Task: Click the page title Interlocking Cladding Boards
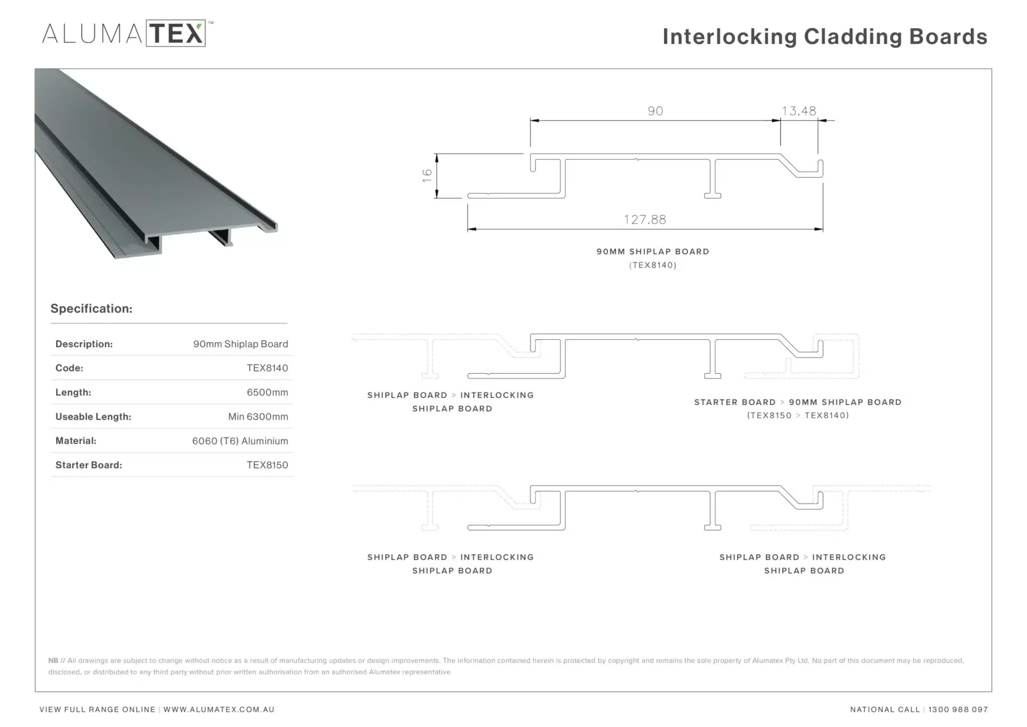tap(825, 37)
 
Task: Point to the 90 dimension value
tap(655, 111)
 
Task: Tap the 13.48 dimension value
tap(799, 111)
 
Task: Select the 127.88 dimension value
tap(645, 219)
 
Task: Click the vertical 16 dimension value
tap(427, 175)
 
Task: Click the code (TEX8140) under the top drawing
tap(653, 265)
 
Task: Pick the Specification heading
tap(91, 309)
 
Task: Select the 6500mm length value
tap(267, 392)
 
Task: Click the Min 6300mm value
tap(258, 416)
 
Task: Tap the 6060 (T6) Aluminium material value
tap(240, 441)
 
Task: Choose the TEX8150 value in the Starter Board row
tap(267, 465)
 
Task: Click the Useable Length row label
tap(93, 416)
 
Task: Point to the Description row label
tap(84, 344)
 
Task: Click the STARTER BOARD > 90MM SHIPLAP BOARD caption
tap(798, 402)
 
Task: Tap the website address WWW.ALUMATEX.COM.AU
tap(219, 709)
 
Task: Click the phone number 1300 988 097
tap(958, 709)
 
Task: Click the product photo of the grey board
tap(156, 164)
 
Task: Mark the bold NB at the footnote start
tap(53, 660)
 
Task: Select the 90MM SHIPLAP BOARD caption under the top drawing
tap(653, 252)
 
